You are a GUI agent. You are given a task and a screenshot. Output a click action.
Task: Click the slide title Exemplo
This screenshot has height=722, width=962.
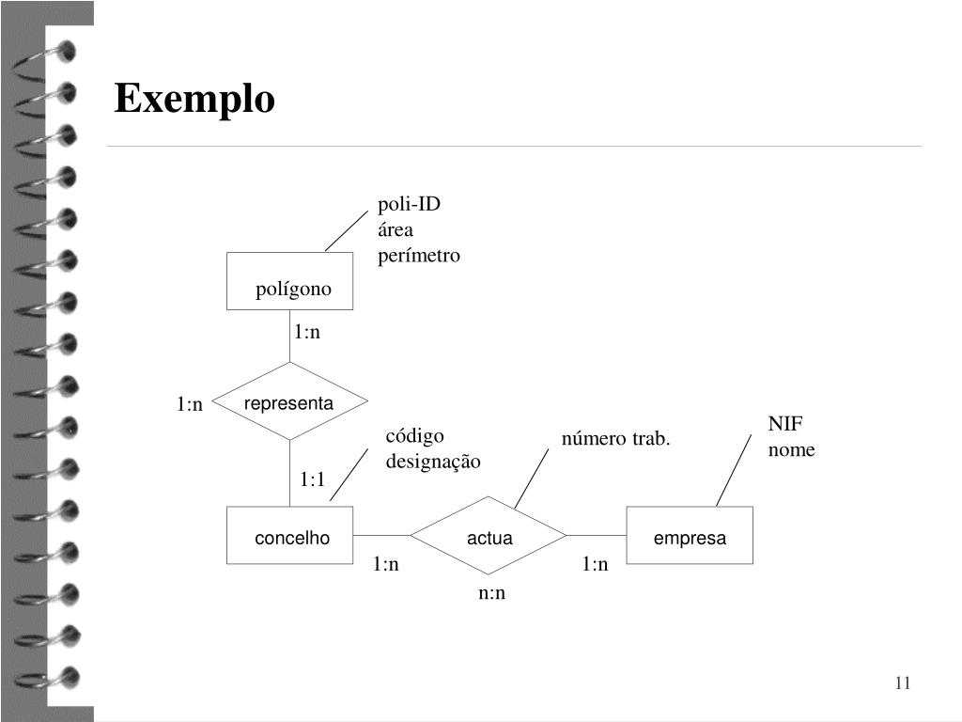[x=194, y=99]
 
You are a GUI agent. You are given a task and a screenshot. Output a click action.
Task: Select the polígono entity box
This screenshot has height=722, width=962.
[x=290, y=281]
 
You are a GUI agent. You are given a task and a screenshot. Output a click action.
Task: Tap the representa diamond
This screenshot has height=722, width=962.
[x=289, y=402]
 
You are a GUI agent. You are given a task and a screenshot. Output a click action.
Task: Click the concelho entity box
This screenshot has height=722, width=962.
[x=290, y=536]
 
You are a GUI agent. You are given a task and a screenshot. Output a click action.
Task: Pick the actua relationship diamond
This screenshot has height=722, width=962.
[x=489, y=536]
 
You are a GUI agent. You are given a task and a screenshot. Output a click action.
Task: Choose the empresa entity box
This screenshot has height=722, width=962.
[x=690, y=536]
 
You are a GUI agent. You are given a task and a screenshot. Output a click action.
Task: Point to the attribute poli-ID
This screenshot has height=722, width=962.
[x=409, y=204]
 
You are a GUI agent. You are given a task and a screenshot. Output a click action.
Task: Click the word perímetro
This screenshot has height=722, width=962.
[x=419, y=255]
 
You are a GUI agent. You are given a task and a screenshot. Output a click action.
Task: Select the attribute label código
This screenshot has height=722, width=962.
[x=414, y=435]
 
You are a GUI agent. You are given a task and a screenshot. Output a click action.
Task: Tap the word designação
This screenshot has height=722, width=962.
[x=433, y=461]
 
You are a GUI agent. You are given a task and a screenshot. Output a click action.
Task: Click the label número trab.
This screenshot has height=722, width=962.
[x=616, y=438]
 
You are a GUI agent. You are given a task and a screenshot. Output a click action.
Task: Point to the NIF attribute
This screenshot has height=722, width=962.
[x=785, y=424]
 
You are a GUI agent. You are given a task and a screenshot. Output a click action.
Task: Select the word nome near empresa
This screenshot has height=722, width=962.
[x=791, y=449]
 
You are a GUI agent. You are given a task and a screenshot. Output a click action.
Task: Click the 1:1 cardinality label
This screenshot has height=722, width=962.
[x=313, y=479]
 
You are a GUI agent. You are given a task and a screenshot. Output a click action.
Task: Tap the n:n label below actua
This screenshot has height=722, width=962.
[x=491, y=592]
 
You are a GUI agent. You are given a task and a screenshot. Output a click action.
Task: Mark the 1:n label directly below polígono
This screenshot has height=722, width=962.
[x=307, y=332]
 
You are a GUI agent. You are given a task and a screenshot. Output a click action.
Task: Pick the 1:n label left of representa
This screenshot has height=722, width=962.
[x=190, y=404]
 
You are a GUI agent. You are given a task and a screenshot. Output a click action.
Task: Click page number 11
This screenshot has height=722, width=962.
[x=903, y=683]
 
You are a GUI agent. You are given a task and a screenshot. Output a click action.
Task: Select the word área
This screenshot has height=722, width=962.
[x=396, y=229]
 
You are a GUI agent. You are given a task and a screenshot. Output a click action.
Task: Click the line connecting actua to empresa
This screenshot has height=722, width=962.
[x=597, y=535]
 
